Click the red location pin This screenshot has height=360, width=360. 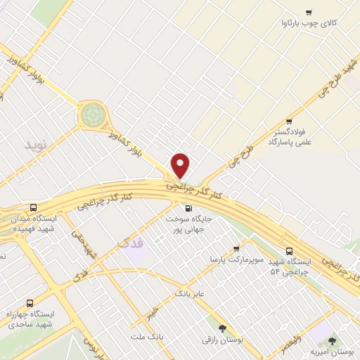point(181,165)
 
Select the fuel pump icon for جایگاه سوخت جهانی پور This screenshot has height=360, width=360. point(188,208)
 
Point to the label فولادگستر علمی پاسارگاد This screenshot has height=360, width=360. point(288,136)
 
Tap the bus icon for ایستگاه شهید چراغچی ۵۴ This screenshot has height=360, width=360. point(290,252)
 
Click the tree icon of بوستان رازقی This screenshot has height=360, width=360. point(222,328)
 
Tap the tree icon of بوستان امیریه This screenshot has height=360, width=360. point(333,340)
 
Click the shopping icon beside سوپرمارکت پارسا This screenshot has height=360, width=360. point(236,248)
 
